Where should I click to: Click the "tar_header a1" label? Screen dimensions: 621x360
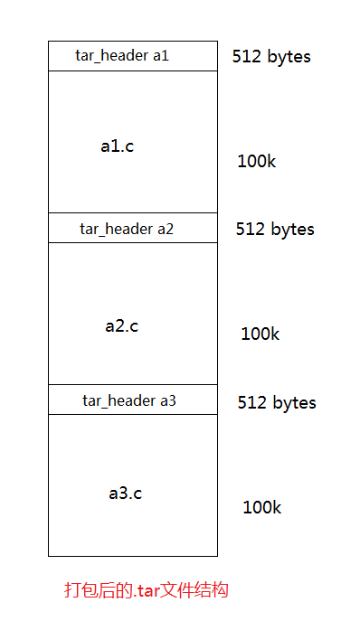122,56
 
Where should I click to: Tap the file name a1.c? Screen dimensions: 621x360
118,146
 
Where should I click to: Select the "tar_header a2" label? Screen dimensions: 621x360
127,229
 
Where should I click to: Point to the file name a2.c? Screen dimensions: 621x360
121,326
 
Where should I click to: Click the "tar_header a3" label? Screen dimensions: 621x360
129,400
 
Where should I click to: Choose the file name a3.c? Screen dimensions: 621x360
125,494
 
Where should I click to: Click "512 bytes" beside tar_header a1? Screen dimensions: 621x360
271,56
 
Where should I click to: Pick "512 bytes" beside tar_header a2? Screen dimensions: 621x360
275,229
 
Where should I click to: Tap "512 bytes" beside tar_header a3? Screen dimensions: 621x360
277,402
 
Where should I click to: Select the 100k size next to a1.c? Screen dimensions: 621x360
256,162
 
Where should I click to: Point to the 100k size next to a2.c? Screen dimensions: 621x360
260,334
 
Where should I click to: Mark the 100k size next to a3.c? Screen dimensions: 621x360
261,507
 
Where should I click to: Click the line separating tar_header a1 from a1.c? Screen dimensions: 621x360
133,71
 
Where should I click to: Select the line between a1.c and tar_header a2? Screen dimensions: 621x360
133,212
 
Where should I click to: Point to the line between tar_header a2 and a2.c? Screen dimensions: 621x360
133,242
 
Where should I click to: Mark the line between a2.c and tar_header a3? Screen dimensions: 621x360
133,384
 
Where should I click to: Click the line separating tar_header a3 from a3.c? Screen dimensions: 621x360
133,414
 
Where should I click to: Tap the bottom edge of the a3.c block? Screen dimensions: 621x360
133,556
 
